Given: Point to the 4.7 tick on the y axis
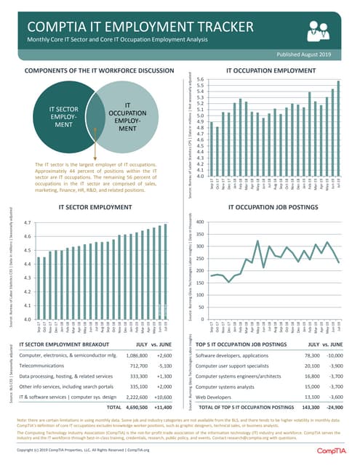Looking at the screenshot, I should coord(27,223).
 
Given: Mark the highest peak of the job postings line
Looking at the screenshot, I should coord(257,241).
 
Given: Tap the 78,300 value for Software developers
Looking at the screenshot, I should coord(311,356).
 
